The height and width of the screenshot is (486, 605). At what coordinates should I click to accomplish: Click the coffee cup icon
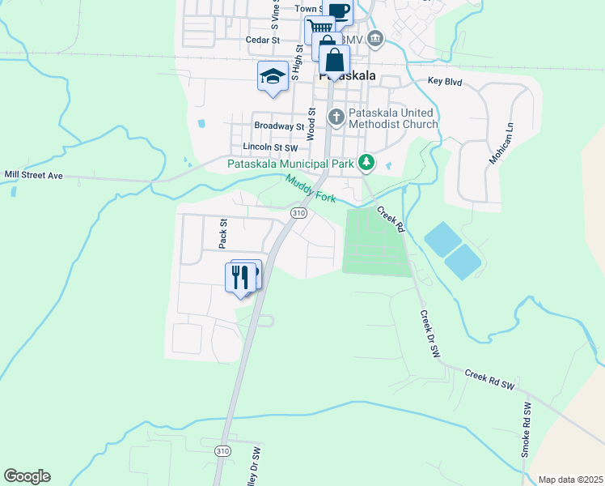click(339, 11)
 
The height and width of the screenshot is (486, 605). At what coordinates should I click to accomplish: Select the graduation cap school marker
click(273, 76)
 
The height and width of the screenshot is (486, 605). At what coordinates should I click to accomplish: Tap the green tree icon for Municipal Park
click(366, 163)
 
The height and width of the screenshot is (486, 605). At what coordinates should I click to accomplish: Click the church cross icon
click(336, 118)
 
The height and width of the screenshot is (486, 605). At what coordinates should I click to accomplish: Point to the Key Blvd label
click(444, 82)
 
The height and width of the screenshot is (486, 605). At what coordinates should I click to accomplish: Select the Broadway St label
click(278, 126)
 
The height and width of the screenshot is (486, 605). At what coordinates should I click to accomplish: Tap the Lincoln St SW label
click(270, 147)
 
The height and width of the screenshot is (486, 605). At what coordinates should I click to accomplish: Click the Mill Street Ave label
click(33, 174)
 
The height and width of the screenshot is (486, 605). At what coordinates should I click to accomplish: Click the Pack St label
click(224, 232)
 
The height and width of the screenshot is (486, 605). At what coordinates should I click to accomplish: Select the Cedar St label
click(263, 39)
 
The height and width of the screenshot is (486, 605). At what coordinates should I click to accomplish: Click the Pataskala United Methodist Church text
click(392, 118)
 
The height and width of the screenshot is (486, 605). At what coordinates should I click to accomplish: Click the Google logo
click(27, 476)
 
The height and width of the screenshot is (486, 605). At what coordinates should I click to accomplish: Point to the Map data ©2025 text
click(569, 480)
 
